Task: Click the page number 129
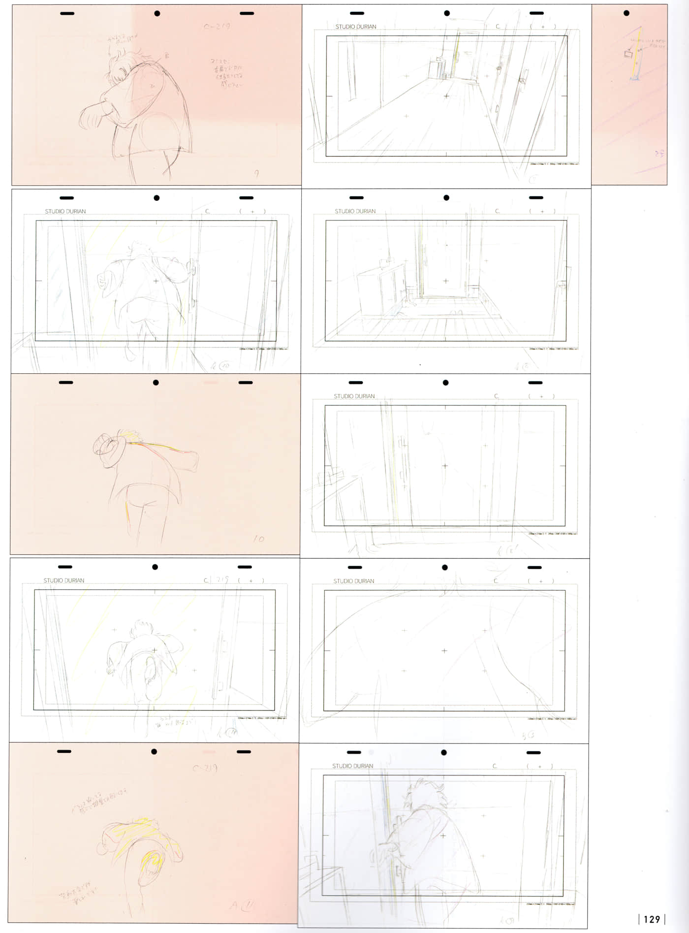[x=652, y=919]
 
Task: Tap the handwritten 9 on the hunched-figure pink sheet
[x=256, y=173]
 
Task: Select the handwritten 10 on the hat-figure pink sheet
[x=259, y=539]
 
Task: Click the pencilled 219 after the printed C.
[x=222, y=580]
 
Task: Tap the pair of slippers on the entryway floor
[x=457, y=312]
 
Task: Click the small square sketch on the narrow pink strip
[x=628, y=54]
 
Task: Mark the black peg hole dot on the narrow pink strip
[x=626, y=13]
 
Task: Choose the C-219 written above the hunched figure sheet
[x=217, y=27]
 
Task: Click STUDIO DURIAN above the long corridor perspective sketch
[x=355, y=27]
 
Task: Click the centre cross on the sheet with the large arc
[x=444, y=650]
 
